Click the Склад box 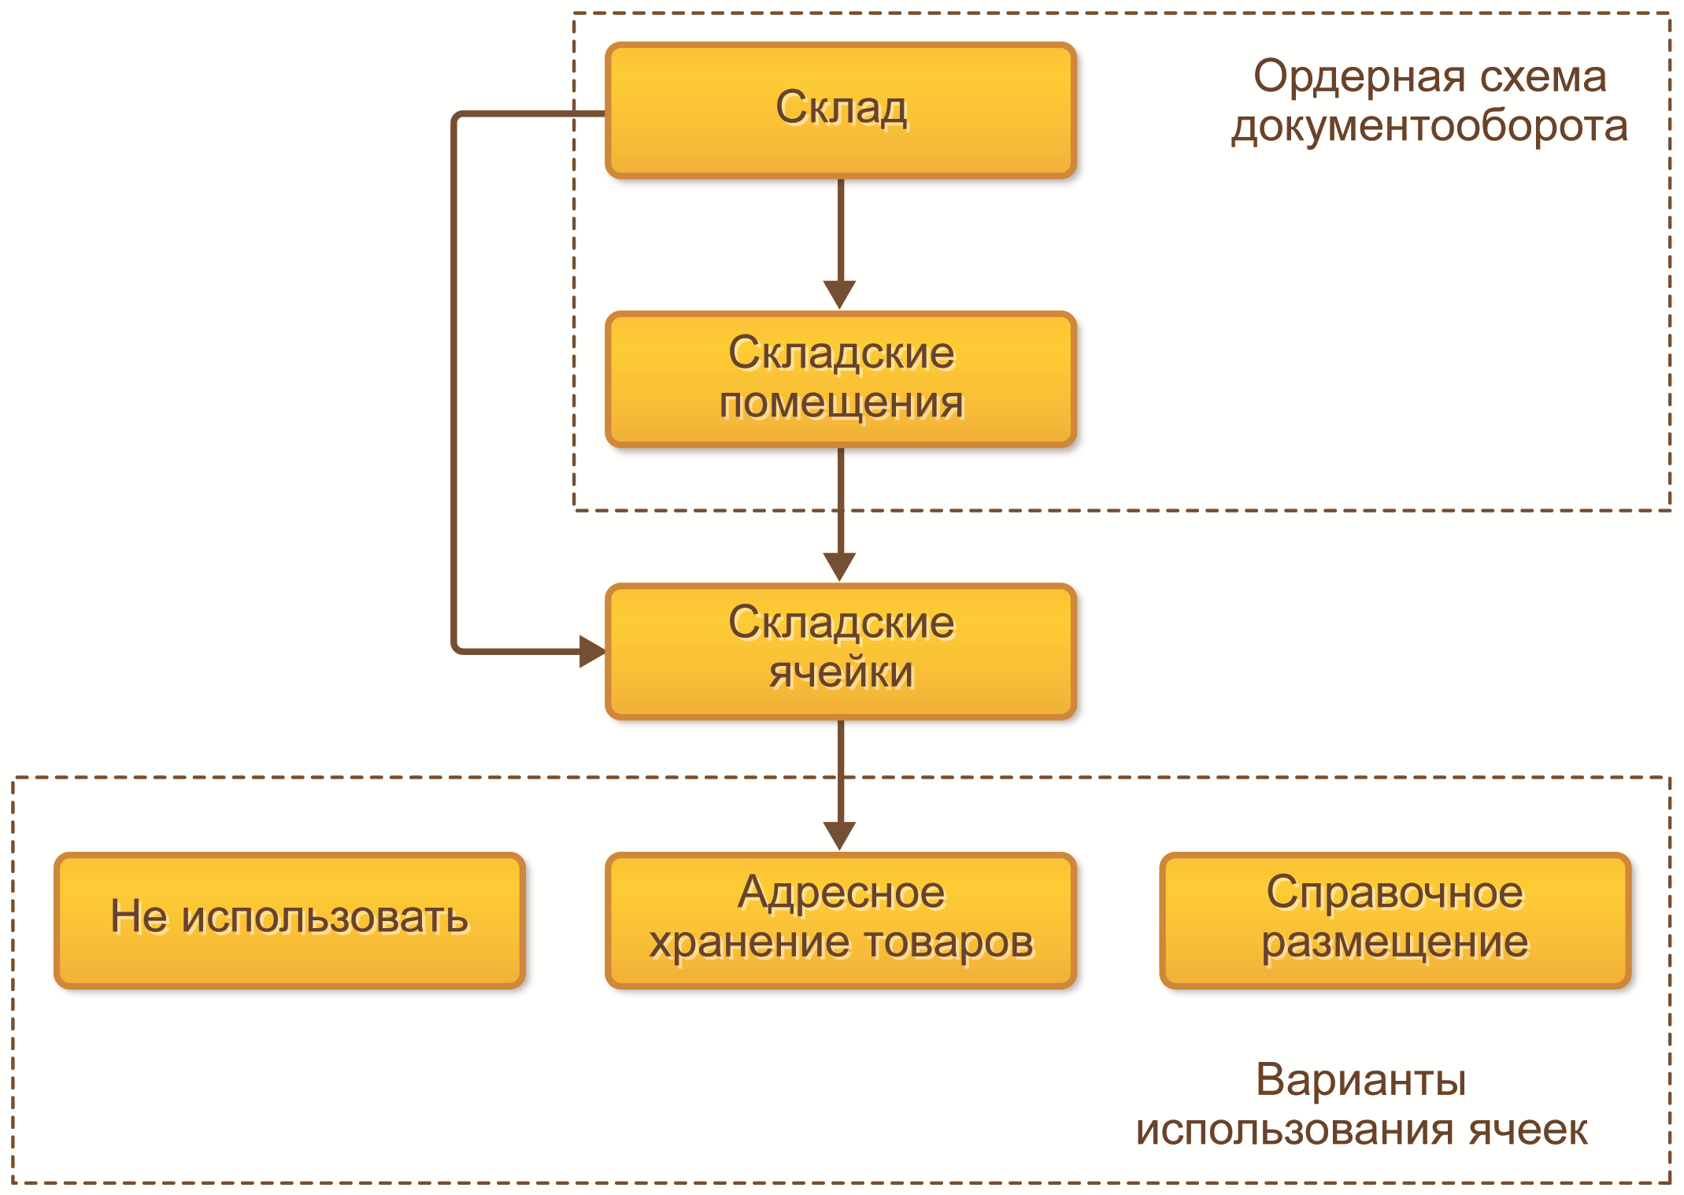click(x=840, y=110)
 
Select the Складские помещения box click(x=840, y=379)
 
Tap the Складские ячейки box click(x=840, y=650)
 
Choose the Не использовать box click(x=289, y=919)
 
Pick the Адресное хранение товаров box click(x=840, y=919)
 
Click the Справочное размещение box click(x=1394, y=919)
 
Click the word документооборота click(x=1429, y=127)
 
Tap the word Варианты click(x=1360, y=1080)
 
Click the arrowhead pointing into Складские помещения click(x=840, y=294)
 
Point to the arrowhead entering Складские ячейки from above click(x=840, y=565)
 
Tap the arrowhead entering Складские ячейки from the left click(x=591, y=651)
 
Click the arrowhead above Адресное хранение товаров click(x=840, y=835)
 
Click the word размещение click(x=1394, y=943)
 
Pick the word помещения click(x=841, y=404)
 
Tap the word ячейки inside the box click(x=841, y=673)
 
